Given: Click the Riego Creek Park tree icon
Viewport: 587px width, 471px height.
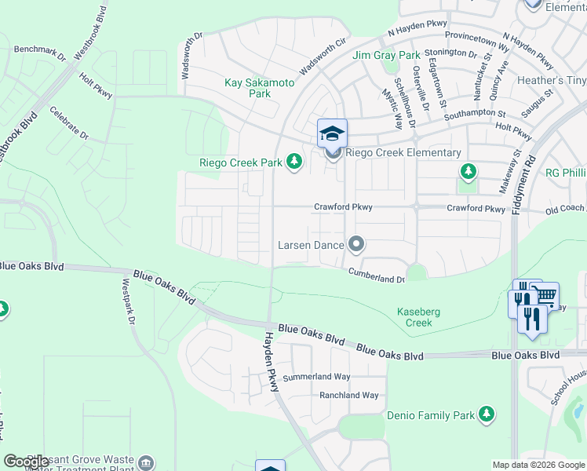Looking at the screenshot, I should [x=294, y=162].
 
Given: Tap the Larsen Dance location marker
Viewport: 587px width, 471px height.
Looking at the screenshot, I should [x=356, y=245].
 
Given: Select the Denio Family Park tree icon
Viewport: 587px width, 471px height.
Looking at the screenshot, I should [x=487, y=414].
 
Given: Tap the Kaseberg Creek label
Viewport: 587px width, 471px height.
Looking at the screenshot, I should [x=418, y=317].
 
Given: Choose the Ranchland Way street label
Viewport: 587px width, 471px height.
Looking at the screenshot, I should [x=348, y=396].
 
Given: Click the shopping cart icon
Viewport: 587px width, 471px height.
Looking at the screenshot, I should [x=544, y=295].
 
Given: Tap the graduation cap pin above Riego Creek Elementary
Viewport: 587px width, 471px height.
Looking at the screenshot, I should [x=332, y=132].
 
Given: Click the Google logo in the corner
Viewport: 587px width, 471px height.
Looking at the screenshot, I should [x=26, y=461].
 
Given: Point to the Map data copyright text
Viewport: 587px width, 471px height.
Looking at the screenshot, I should [x=538, y=465].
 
